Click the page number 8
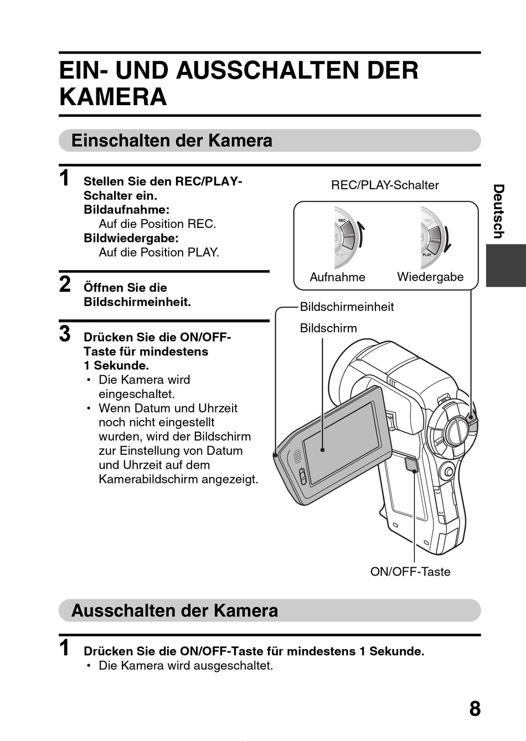pos(475,708)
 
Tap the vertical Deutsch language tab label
pos(498,211)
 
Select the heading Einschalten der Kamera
pos(172,141)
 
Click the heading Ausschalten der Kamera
pos(174,610)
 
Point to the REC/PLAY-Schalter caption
pos(385,185)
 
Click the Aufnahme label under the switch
pos(337,277)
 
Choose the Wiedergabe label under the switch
pos(430,277)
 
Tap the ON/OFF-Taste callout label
pos(410,572)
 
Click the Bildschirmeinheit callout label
pos(347,307)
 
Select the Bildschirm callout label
pos(328,328)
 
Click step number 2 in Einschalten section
pos(65,284)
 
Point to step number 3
pos(65,334)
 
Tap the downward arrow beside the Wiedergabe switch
pos(448,237)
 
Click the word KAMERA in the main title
pos(113,97)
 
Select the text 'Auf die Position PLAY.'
pos(158,252)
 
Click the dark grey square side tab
pos(506,265)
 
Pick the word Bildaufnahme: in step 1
pos(126,210)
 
